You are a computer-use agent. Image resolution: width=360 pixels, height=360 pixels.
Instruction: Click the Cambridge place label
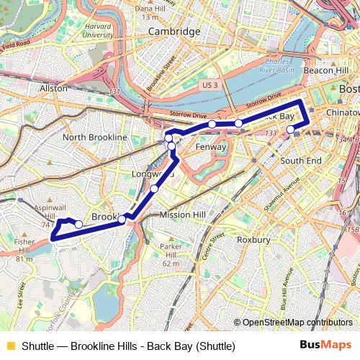[x=174, y=32]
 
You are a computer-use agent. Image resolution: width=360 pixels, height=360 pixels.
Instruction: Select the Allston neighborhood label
[x=53, y=88]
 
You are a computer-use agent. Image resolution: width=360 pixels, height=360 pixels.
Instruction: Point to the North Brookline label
[x=94, y=137]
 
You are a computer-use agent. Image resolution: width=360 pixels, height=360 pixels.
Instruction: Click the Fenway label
[x=212, y=146]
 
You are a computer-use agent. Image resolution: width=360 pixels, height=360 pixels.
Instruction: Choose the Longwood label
[x=153, y=174]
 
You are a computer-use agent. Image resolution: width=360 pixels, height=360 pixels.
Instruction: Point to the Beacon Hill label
[x=326, y=71]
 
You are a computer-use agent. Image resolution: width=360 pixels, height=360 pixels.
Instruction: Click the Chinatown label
[x=341, y=114]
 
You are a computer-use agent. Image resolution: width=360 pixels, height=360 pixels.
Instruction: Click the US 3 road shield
[x=210, y=85]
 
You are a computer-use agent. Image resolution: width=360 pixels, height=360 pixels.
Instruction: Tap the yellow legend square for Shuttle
[x=10, y=346]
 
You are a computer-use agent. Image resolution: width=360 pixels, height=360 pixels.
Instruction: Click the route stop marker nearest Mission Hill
[x=155, y=189]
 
